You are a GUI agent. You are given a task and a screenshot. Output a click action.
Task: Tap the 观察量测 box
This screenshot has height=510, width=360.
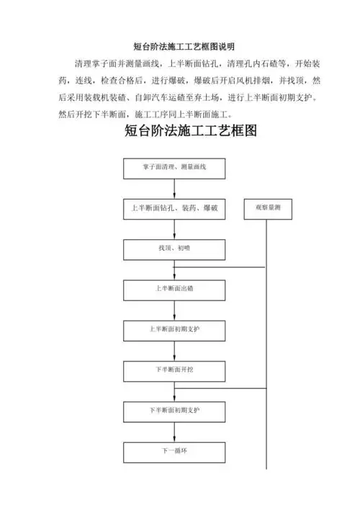point(268,208)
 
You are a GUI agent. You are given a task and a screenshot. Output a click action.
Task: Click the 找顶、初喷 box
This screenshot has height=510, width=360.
point(174,249)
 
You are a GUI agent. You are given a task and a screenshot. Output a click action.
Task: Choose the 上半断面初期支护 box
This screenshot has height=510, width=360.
point(174,330)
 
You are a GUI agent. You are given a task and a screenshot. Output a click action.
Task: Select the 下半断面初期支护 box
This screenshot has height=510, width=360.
point(174,411)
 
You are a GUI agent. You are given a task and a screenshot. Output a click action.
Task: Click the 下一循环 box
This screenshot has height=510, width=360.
point(174,452)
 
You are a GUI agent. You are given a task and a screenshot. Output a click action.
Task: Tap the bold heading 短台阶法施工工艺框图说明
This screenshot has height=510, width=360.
point(179,46)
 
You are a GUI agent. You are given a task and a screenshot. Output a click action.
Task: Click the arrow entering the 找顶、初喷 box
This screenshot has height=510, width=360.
point(174,233)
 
